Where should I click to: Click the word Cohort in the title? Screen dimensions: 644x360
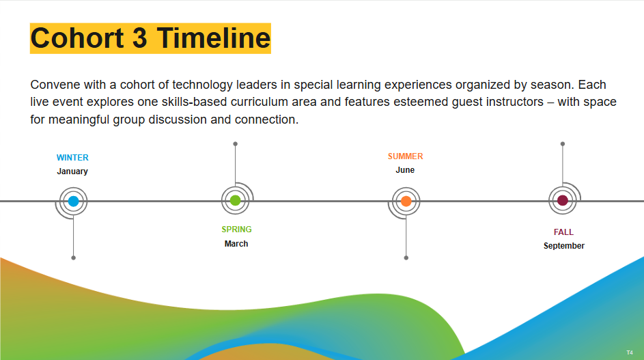[x=77, y=38]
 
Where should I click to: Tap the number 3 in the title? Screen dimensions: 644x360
[x=139, y=38]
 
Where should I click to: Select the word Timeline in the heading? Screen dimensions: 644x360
[x=214, y=38]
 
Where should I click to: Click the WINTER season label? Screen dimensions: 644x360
[x=72, y=157]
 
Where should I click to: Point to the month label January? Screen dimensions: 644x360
[x=72, y=171]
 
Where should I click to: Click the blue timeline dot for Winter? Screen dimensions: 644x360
[x=74, y=202]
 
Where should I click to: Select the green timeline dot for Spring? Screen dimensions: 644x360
[x=236, y=201]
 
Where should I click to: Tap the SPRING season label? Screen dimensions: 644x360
[x=236, y=230]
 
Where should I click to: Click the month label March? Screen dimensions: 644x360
[x=236, y=244]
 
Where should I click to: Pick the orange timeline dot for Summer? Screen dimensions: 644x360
[x=406, y=202]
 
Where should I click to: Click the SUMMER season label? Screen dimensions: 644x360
[x=406, y=156]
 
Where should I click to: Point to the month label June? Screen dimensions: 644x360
[x=405, y=170]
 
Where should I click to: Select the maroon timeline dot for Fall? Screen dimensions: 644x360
[x=563, y=201]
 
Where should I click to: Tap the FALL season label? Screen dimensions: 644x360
[x=563, y=232]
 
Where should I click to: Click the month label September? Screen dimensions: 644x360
[x=564, y=246]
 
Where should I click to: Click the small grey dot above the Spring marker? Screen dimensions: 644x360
[x=236, y=144]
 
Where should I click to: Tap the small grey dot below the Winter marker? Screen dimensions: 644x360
[x=74, y=258]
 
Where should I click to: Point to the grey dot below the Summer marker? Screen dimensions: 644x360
[x=406, y=258]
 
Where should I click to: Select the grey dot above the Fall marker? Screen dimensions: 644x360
[x=563, y=144]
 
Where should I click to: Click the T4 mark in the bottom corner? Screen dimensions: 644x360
[x=630, y=352]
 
